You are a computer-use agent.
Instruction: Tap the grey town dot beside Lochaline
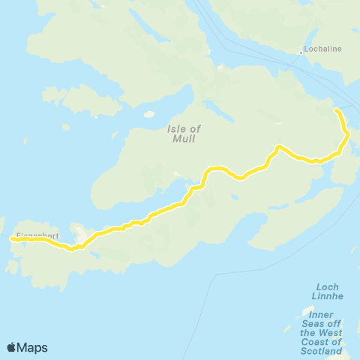tap(301, 52)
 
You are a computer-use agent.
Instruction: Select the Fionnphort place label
tap(37, 235)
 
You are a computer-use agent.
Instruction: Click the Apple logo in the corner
tap(12, 347)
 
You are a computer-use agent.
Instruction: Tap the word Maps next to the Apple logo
tap(33, 347)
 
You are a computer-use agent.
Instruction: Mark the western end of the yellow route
tap(11, 240)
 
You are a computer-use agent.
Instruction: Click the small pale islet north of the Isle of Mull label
tap(148, 115)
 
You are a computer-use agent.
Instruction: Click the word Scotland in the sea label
tap(322, 351)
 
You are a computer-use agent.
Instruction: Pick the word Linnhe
tap(328, 296)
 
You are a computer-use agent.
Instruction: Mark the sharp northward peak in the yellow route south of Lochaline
tap(278, 147)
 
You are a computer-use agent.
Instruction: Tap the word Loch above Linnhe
tap(328, 286)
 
